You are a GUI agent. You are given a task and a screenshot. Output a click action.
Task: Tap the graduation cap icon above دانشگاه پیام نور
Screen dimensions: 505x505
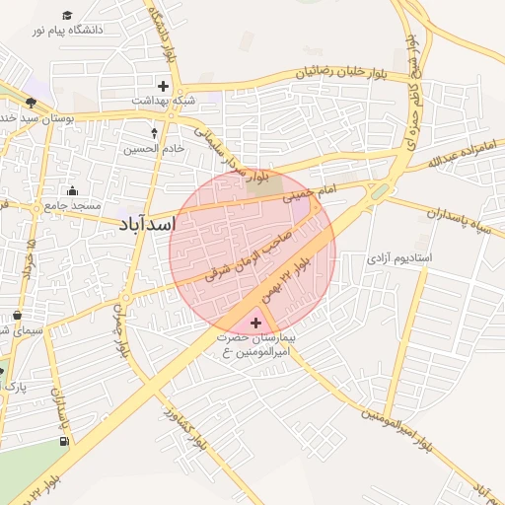[67, 16]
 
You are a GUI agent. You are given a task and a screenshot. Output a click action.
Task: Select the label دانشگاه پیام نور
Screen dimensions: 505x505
[67, 32]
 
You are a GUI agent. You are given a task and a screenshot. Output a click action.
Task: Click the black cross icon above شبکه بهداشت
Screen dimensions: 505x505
[163, 86]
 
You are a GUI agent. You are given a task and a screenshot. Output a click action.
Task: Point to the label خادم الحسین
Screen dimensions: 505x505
[153, 149]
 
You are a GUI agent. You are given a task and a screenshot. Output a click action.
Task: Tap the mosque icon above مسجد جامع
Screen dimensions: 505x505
[70, 191]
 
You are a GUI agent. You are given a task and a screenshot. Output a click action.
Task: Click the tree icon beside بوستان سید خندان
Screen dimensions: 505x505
[31, 103]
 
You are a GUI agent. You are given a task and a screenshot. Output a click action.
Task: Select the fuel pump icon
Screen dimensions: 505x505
[65, 440]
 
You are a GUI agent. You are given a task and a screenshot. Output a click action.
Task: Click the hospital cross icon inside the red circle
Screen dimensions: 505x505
[257, 323]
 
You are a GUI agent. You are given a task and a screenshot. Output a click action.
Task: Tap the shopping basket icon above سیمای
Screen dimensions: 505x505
[17, 316]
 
